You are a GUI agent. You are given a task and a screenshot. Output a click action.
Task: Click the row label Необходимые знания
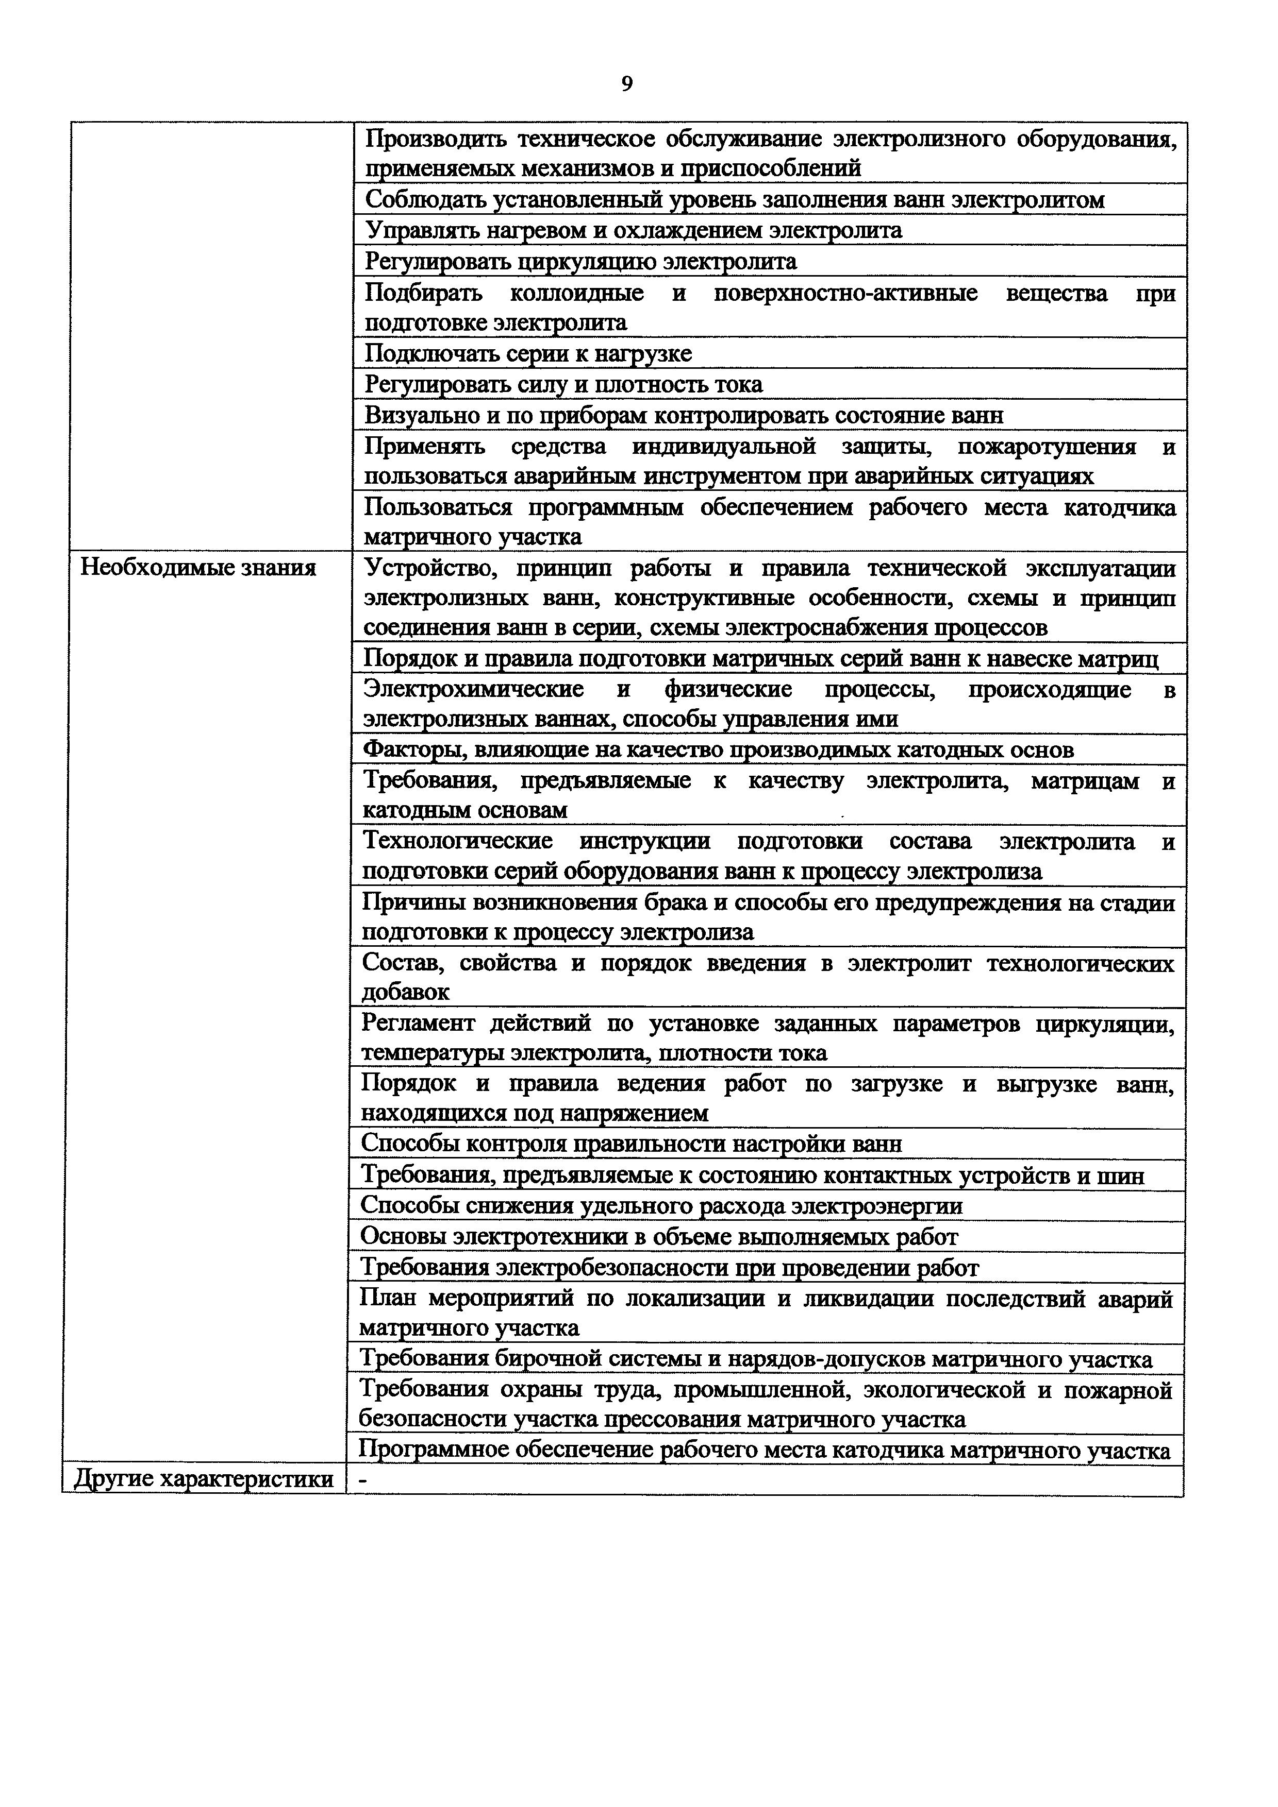click(x=198, y=568)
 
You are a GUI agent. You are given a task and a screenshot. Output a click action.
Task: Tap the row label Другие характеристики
click(x=203, y=1479)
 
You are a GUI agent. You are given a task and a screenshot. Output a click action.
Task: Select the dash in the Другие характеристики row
click(x=363, y=1479)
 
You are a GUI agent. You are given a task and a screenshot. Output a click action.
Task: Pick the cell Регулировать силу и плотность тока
click(x=564, y=385)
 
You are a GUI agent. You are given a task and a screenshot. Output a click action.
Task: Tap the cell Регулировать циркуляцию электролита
click(x=581, y=261)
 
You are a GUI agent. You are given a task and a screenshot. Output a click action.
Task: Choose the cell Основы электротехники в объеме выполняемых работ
click(x=659, y=1236)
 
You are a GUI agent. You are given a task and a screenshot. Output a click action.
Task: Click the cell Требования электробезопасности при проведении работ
click(x=669, y=1267)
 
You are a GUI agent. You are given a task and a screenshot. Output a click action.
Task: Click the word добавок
click(x=406, y=992)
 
